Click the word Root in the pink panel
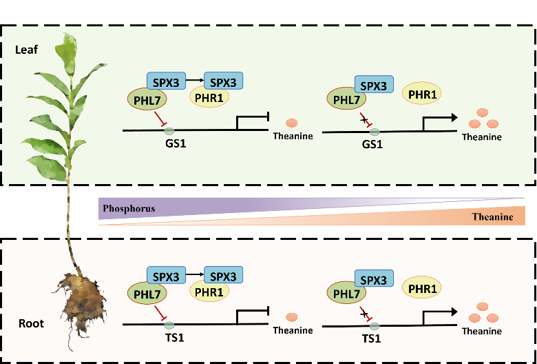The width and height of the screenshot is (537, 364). (x=32, y=323)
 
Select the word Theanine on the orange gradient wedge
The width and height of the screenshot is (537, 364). (x=492, y=217)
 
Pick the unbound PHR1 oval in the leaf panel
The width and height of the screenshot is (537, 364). (x=424, y=94)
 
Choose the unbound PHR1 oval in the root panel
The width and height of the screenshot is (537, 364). (x=424, y=289)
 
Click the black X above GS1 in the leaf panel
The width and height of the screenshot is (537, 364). (x=364, y=119)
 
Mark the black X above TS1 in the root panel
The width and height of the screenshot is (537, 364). (x=364, y=313)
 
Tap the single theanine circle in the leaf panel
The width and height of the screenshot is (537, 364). (x=291, y=123)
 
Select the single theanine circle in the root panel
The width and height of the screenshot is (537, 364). (x=291, y=317)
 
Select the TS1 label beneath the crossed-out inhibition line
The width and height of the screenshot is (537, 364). (x=372, y=340)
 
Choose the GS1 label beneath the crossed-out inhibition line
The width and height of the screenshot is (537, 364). (x=372, y=145)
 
